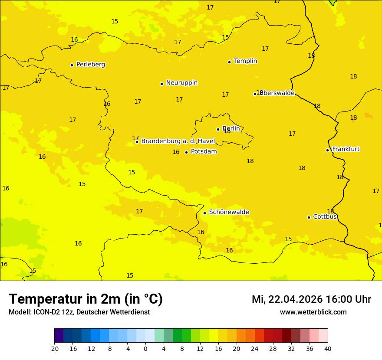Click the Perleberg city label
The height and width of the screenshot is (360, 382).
coord(90,65)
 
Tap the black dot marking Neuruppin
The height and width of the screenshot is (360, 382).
coord(161,84)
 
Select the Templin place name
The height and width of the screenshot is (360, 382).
coord(245,61)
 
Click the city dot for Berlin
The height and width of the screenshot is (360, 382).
coord(218,129)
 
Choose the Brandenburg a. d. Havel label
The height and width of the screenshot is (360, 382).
coord(178,141)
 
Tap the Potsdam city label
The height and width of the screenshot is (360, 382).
coord(204,152)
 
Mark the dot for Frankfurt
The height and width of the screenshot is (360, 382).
coord(327,150)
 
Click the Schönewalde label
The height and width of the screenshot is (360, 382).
coord(229,212)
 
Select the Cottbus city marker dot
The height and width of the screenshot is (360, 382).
coord(309,217)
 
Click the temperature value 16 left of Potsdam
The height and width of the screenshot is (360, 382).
coord(176,152)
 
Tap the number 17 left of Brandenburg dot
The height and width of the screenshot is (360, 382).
coord(135,138)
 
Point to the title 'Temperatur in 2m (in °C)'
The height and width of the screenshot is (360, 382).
coord(86,299)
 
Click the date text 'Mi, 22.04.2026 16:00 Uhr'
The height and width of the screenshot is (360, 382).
coord(311,300)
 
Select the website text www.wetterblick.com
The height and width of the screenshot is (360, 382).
coord(313,312)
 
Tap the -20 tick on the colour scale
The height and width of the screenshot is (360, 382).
coord(54,348)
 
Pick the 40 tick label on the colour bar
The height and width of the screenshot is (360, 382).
coord(328,348)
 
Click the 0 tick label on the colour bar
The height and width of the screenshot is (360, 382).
coord(145,348)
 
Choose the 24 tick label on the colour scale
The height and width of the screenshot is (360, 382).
coord(255,348)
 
